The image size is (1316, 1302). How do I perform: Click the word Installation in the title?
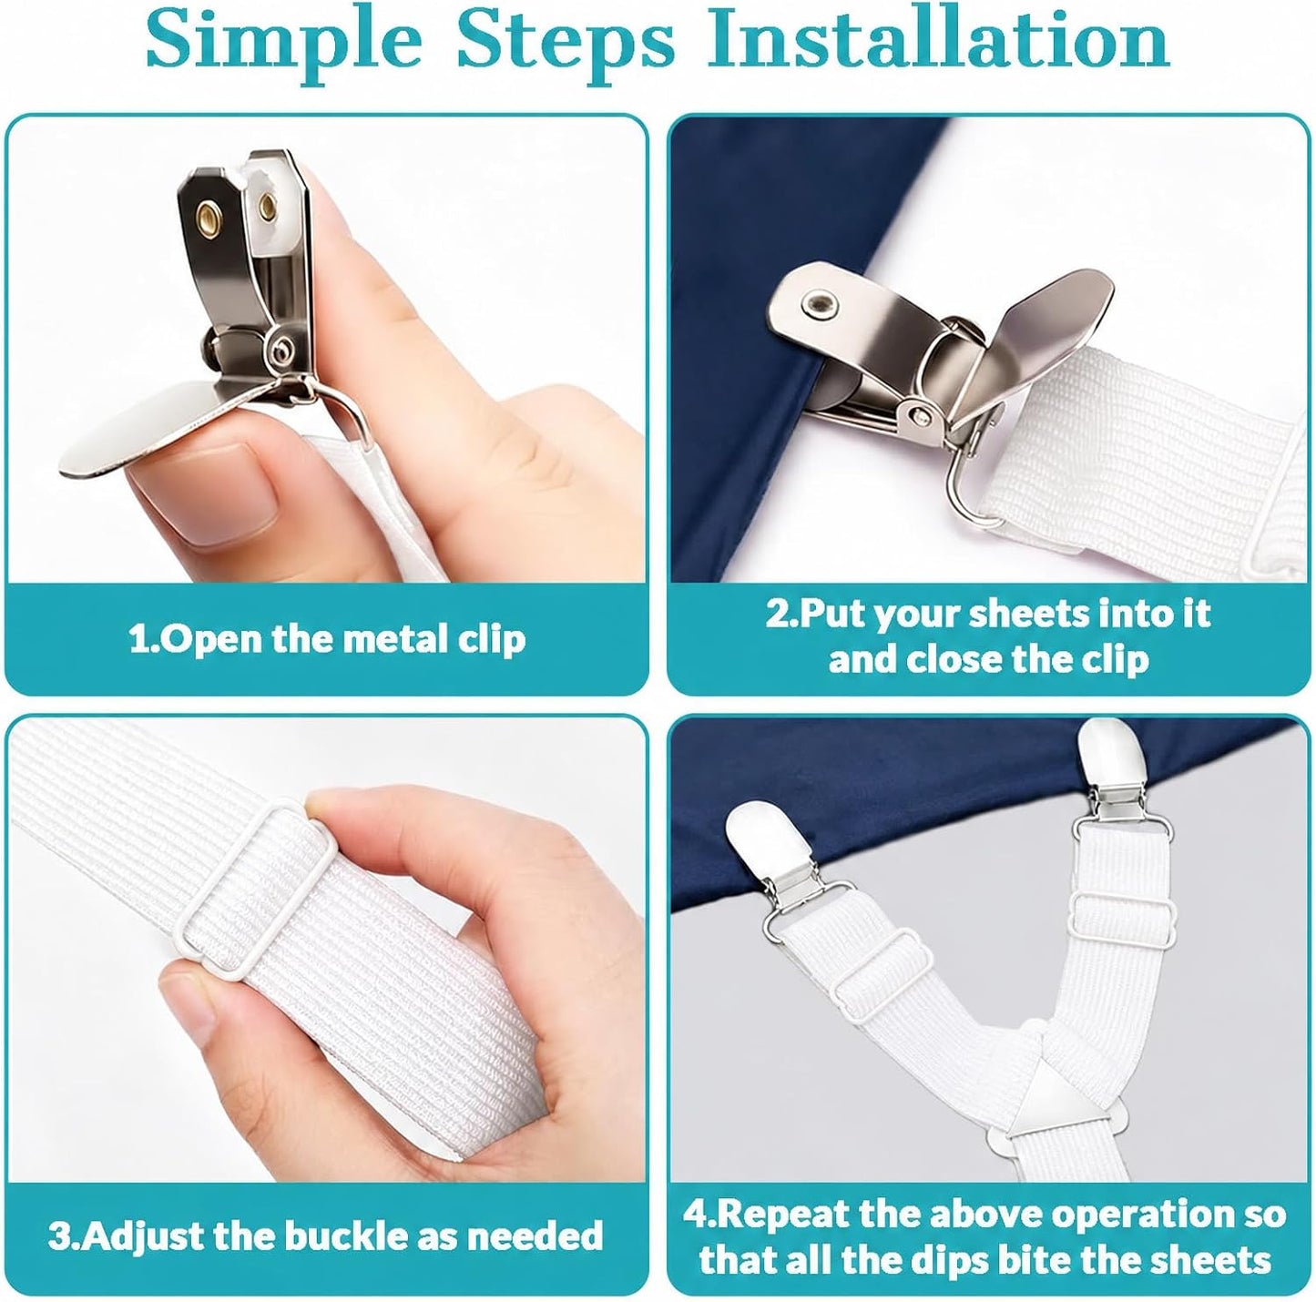(938, 41)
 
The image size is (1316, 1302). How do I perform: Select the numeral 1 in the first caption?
(138, 640)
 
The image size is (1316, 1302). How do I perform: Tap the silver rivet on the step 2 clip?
(818, 300)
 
